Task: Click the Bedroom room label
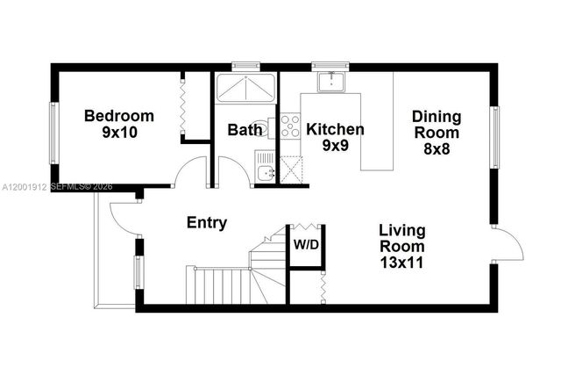(119, 116)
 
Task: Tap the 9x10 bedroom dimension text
(119, 133)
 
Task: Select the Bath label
(245, 130)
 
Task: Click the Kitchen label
(335, 129)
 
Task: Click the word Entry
(207, 222)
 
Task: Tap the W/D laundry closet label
(305, 243)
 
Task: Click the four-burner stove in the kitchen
(289, 126)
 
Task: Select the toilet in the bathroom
(260, 125)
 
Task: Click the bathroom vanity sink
(266, 172)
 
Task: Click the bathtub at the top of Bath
(245, 90)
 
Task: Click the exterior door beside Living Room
(507, 243)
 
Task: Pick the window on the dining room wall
(495, 136)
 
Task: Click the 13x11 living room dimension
(402, 261)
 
